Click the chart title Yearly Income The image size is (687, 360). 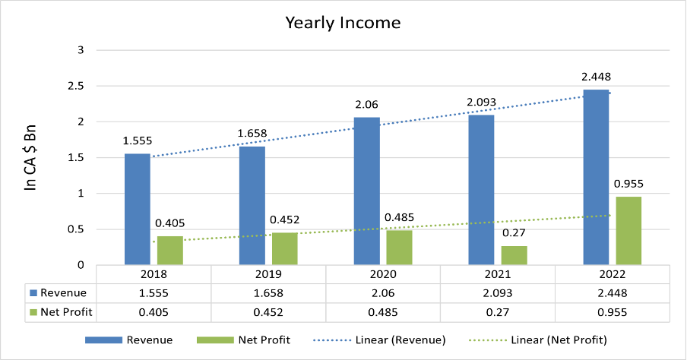click(343, 22)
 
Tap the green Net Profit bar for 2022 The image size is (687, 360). click(628, 230)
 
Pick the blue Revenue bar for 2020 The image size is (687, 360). click(366, 191)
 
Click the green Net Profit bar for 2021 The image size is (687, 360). click(514, 254)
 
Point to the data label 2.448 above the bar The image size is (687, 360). click(596, 77)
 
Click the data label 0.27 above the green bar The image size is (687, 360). click(514, 234)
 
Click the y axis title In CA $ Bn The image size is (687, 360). click(31, 158)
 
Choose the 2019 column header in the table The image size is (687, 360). click(268, 274)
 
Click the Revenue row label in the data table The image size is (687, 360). click(63, 292)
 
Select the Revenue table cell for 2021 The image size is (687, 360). click(498, 292)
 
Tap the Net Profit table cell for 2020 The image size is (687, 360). click(383, 311)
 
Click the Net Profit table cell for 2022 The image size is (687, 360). click(613, 311)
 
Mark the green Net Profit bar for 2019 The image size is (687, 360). click(284, 248)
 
